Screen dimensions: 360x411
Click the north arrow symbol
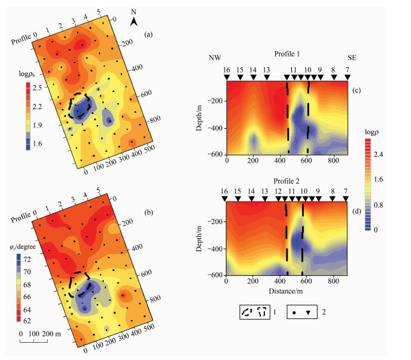pyautogui.click(x=135, y=22)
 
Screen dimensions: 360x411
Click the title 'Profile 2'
pyautogui.click(x=288, y=181)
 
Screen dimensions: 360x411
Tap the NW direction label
pyautogui.click(x=214, y=58)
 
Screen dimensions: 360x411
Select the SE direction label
pyautogui.click(x=353, y=58)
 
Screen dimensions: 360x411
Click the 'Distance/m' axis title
pyautogui.click(x=287, y=290)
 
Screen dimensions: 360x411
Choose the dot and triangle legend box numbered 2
pyautogui.click(x=306, y=311)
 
